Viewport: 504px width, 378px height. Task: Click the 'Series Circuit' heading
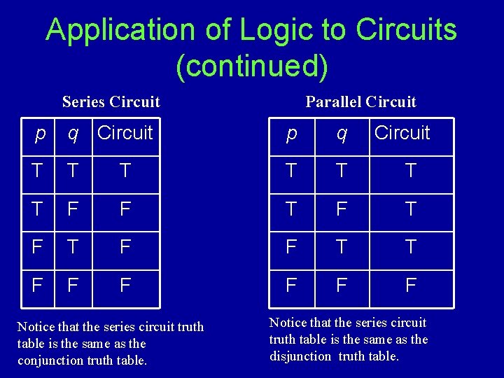pyautogui.click(x=111, y=102)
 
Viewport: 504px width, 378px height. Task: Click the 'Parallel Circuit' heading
pyautogui.click(x=360, y=102)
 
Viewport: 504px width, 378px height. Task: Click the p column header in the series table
pyautogui.click(x=41, y=133)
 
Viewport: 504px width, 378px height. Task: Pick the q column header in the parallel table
pyautogui.click(x=341, y=133)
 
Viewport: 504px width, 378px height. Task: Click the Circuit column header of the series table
pyautogui.click(x=125, y=133)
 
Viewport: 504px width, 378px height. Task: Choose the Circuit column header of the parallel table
pyautogui.click(x=402, y=133)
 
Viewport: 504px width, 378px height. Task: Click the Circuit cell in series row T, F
pyautogui.click(x=125, y=209)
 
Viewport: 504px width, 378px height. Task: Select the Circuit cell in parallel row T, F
pyautogui.click(x=411, y=209)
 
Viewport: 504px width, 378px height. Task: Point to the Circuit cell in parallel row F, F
pyautogui.click(x=411, y=285)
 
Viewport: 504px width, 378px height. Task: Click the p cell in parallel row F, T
pyautogui.click(x=292, y=247)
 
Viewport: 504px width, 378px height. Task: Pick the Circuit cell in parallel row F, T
pyautogui.click(x=411, y=247)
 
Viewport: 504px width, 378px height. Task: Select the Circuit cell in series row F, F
pyautogui.click(x=125, y=285)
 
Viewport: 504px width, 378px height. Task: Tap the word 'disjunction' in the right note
pyautogui.click(x=300, y=356)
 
